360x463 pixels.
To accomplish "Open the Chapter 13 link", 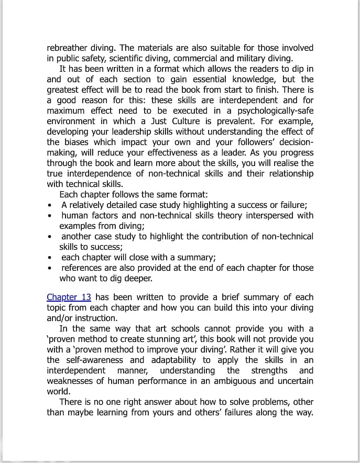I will (x=69, y=297).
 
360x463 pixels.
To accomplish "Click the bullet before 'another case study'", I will (x=49, y=237).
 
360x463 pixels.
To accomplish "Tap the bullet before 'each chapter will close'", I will (x=49, y=258).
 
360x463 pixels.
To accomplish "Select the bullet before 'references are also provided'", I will (x=49, y=268).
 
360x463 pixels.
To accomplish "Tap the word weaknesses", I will (x=71, y=381).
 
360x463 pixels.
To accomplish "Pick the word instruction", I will (x=96, y=318).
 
